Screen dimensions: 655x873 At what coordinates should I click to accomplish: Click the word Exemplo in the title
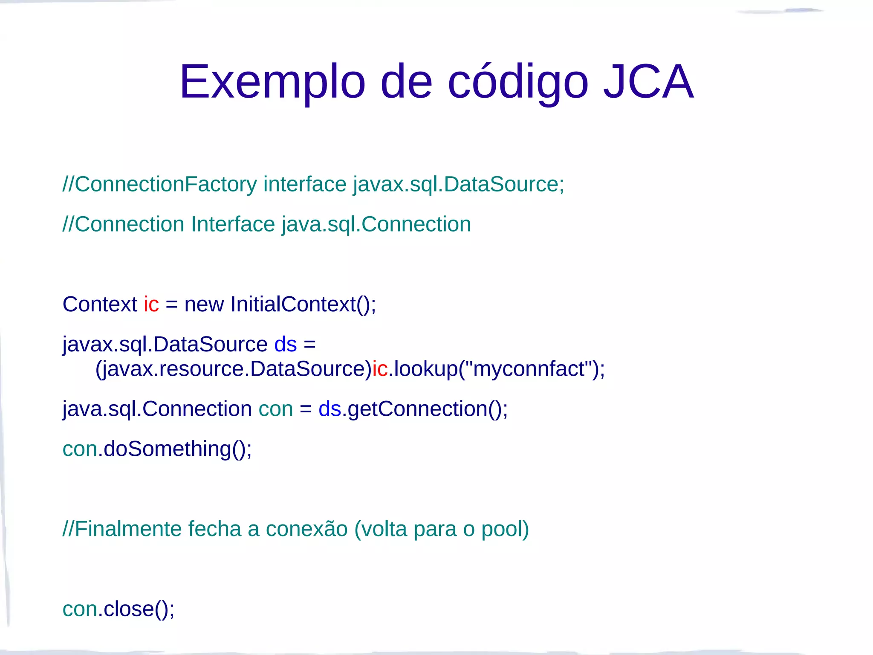tap(272, 82)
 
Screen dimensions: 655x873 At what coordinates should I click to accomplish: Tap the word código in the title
tap(518, 82)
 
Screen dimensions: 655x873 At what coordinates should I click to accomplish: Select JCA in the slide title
tap(648, 82)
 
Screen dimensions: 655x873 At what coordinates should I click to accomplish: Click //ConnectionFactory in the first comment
tap(159, 185)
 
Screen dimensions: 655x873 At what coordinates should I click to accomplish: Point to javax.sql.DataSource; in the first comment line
tap(458, 185)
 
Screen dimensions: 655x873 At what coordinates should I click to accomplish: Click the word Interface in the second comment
tap(233, 225)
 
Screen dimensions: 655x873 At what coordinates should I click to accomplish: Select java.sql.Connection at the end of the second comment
tap(376, 225)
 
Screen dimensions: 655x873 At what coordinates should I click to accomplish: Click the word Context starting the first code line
tap(100, 304)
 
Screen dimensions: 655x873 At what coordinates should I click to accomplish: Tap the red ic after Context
tap(151, 304)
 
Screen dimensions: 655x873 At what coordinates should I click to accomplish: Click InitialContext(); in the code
tap(303, 304)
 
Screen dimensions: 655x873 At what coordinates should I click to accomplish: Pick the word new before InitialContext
tap(204, 304)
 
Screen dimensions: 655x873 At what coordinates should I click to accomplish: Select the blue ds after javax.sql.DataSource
tap(285, 345)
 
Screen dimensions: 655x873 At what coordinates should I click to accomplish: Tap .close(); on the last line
tap(136, 609)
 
